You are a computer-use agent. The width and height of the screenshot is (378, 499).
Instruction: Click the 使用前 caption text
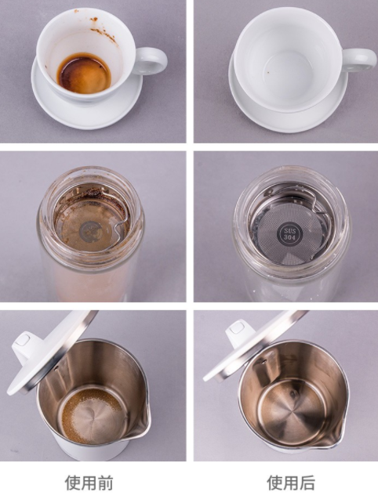(x=89, y=483)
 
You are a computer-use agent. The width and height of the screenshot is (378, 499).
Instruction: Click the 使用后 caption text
(x=291, y=483)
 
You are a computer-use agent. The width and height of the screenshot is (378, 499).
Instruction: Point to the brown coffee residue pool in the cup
(x=84, y=74)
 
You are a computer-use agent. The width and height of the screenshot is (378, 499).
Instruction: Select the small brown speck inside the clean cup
(x=268, y=71)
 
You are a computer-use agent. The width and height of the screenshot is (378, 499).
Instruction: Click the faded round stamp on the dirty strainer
(x=91, y=232)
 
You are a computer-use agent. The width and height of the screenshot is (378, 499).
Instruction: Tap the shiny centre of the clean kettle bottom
(x=291, y=410)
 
